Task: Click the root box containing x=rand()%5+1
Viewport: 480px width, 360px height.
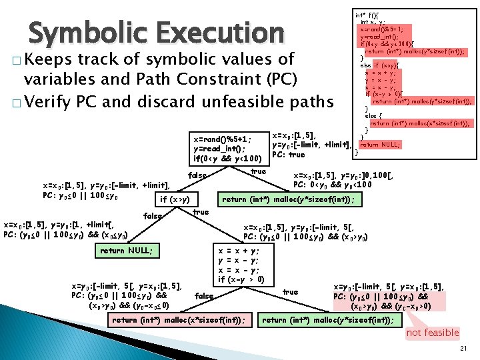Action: pos(229,149)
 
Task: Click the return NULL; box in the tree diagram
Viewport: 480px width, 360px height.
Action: pos(126,251)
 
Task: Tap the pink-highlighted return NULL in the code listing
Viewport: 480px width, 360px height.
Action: pos(381,144)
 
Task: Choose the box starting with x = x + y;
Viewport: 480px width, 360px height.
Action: pos(245,265)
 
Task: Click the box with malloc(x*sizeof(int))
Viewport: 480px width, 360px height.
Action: pos(179,320)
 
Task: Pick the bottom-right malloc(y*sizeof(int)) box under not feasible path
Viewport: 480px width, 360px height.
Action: pos(327,320)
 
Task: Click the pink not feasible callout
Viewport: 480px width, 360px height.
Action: pos(433,333)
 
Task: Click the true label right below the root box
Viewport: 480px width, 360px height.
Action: pos(258,171)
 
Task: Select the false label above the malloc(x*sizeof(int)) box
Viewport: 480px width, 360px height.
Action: pos(204,295)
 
